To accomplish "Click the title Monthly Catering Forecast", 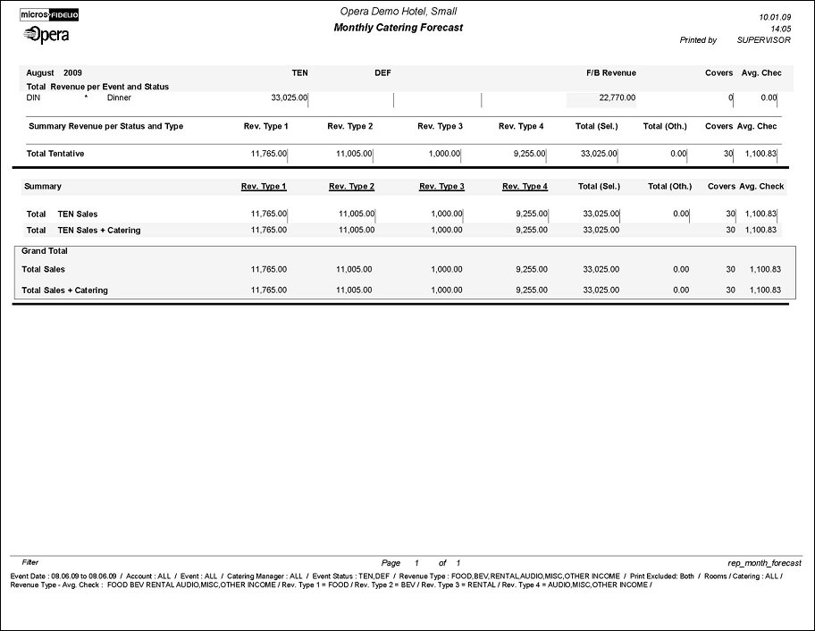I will click(398, 28).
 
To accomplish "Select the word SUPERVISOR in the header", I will click(761, 40).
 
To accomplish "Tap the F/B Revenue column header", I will click(611, 72).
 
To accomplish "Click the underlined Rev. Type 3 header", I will click(441, 187).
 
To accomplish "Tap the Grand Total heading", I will click(45, 251).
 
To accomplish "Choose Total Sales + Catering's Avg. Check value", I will click(764, 290).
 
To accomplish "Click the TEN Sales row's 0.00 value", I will click(681, 214).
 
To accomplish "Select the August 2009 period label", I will click(54, 72).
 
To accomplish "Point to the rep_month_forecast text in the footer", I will click(765, 563).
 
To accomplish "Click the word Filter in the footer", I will click(30, 563).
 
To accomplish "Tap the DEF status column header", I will click(382, 72).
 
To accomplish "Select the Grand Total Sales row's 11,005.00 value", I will click(354, 269).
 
